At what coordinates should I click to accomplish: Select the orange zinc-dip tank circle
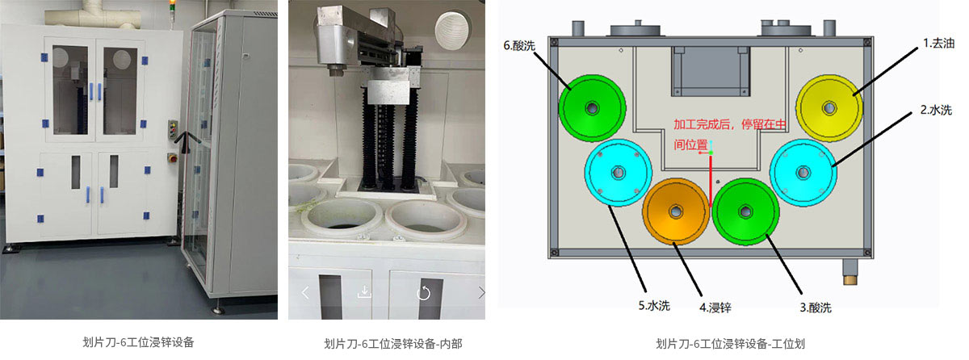tap(676, 211)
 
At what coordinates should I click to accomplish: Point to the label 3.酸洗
tap(815, 307)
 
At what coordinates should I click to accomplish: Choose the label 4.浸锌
tap(715, 307)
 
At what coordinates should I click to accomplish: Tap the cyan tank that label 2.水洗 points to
tap(803, 171)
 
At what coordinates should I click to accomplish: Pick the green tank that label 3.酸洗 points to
tap(745, 211)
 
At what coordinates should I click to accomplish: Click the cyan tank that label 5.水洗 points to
tap(619, 172)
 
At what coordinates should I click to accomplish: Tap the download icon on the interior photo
tap(364, 291)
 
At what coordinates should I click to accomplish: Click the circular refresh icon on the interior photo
tap(423, 292)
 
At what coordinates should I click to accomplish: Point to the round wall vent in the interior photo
tap(453, 30)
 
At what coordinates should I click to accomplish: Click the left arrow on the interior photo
tap(305, 292)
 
